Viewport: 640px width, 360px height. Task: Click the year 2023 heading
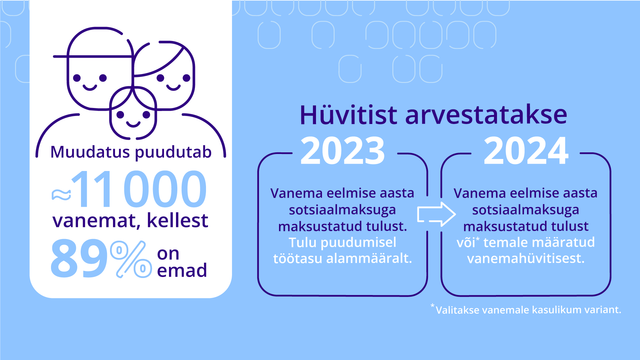pos(343,151)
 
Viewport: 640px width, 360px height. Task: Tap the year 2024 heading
pos(526,151)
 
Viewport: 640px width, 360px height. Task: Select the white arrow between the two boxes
pos(436,214)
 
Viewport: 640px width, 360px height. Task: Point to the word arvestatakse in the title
pos(486,115)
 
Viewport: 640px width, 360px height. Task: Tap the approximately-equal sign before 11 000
pos(61,195)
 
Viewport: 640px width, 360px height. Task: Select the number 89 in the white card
pos(79,258)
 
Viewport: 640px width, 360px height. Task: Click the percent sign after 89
pos(131,259)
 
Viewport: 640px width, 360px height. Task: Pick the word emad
pos(182,270)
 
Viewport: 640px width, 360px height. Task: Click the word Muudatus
pos(90,152)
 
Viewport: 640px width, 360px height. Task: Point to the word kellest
pos(177,220)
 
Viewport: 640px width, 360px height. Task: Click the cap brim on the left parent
pos(93,57)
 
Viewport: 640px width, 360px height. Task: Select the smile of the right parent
pos(173,88)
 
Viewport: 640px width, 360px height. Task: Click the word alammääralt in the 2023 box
pos(369,258)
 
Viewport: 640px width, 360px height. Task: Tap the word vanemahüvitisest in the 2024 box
pos(526,258)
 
